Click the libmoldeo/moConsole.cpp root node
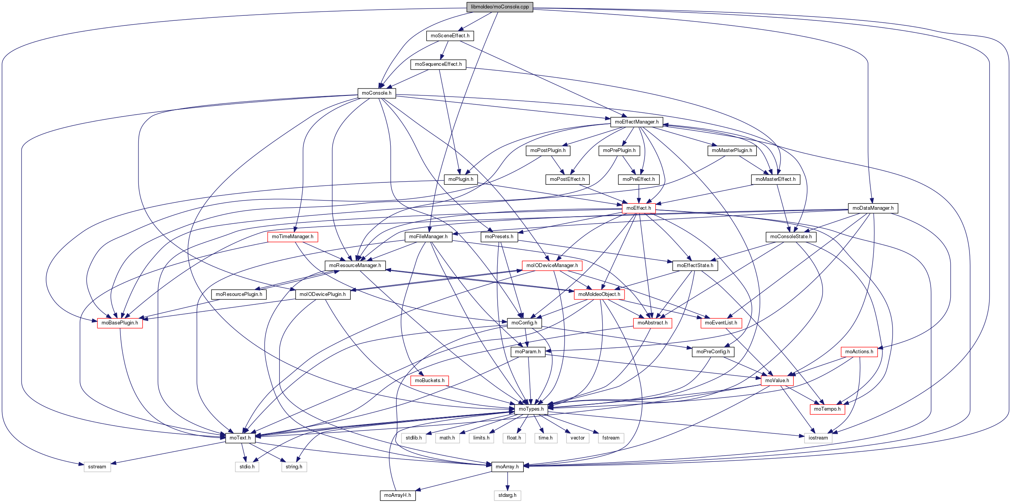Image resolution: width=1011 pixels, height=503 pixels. point(500,7)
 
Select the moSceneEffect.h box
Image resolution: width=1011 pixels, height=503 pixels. point(450,36)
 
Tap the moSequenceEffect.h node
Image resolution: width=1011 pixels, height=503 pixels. point(438,64)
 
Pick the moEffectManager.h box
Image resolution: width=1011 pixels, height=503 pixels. point(636,122)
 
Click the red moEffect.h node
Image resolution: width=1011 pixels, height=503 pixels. point(638,208)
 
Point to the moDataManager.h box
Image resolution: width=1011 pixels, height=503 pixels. point(873,208)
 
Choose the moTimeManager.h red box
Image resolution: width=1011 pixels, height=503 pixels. point(292,237)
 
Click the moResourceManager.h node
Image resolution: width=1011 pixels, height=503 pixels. point(355,266)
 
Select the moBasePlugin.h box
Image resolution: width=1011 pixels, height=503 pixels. point(120,323)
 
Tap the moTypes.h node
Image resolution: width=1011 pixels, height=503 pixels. point(531,409)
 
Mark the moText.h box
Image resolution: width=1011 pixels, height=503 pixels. point(240,438)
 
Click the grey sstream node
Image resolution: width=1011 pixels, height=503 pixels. point(97,467)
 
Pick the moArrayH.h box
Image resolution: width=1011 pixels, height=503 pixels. point(398,496)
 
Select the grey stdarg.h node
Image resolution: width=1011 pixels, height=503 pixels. point(507,496)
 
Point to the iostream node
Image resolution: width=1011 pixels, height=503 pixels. point(818,438)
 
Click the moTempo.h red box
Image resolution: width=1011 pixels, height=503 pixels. point(827,409)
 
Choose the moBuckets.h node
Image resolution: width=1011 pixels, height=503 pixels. point(430,381)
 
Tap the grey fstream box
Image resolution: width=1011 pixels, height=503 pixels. point(611,438)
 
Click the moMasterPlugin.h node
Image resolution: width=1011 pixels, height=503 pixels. point(731,151)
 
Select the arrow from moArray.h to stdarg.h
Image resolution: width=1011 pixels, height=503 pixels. point(507,481)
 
